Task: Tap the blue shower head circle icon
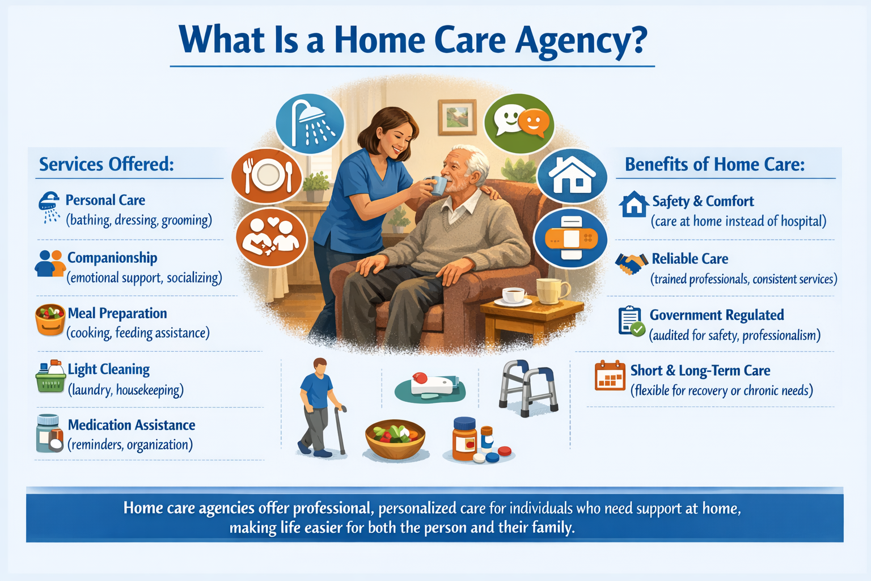pos(310,123)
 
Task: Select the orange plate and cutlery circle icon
pos(267,176)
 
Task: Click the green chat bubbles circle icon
pos(519,123)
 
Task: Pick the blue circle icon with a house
pos(572,176)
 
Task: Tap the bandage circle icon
pos(571,239)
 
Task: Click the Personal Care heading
pos(105,200)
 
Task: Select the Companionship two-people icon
pos(50,264)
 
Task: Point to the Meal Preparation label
pos(117,313)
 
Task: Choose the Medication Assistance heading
pos(132,425)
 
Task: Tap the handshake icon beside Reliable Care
pos(631,263)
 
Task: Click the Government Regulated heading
pos(717,315)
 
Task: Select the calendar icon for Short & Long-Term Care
pos(610,376)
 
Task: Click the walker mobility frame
pos(528,388)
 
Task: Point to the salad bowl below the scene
pos(395,437)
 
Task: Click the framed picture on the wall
pos(457,117)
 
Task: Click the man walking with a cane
pos(320,407)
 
